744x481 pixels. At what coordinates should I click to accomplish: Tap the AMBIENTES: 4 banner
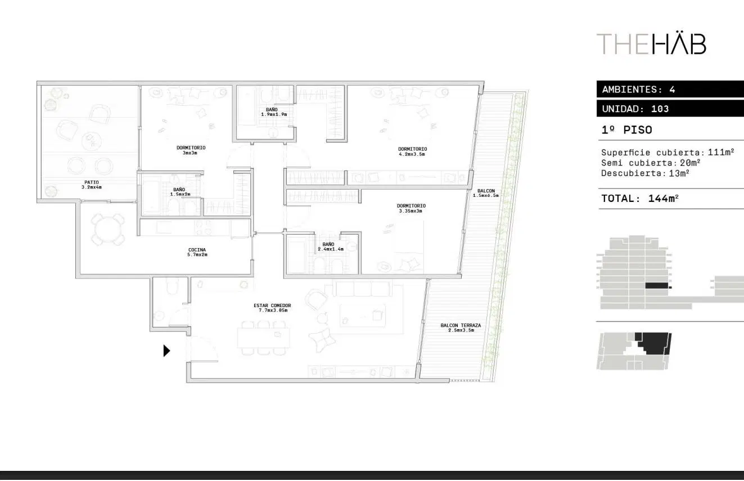[x=670, y=89]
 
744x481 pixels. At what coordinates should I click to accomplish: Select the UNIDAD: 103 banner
[x=670, y=109]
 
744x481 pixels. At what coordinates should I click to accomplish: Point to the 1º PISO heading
[x=627, y=129]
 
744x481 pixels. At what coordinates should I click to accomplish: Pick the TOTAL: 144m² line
[x=640, y=199]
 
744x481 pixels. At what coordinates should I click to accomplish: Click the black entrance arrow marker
[x=166, y=351]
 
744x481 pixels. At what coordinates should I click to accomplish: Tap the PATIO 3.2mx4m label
[x=92, y=185]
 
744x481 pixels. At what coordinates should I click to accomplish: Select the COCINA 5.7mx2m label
[x=197, y=252]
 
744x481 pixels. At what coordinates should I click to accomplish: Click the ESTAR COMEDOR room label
[x=272, y=308]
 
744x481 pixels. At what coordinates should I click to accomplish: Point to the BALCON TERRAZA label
[x=461, y=327]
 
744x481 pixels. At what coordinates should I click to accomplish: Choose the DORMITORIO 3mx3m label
[x=191, y=150]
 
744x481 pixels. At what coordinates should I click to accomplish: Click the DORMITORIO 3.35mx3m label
[x=412, y=208]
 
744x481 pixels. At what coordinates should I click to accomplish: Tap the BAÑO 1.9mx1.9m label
[x=274, y=112]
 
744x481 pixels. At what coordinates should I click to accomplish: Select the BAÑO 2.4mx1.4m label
[x=331, y=246]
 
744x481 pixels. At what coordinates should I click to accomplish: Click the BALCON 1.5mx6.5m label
[x=486, y=193]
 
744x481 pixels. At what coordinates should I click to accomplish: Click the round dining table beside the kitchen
[x=107, y=229]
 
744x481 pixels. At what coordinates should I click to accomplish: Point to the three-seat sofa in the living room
[x=362, y=288]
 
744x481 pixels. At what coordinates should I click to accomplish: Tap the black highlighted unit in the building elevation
[x=657, y=285]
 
